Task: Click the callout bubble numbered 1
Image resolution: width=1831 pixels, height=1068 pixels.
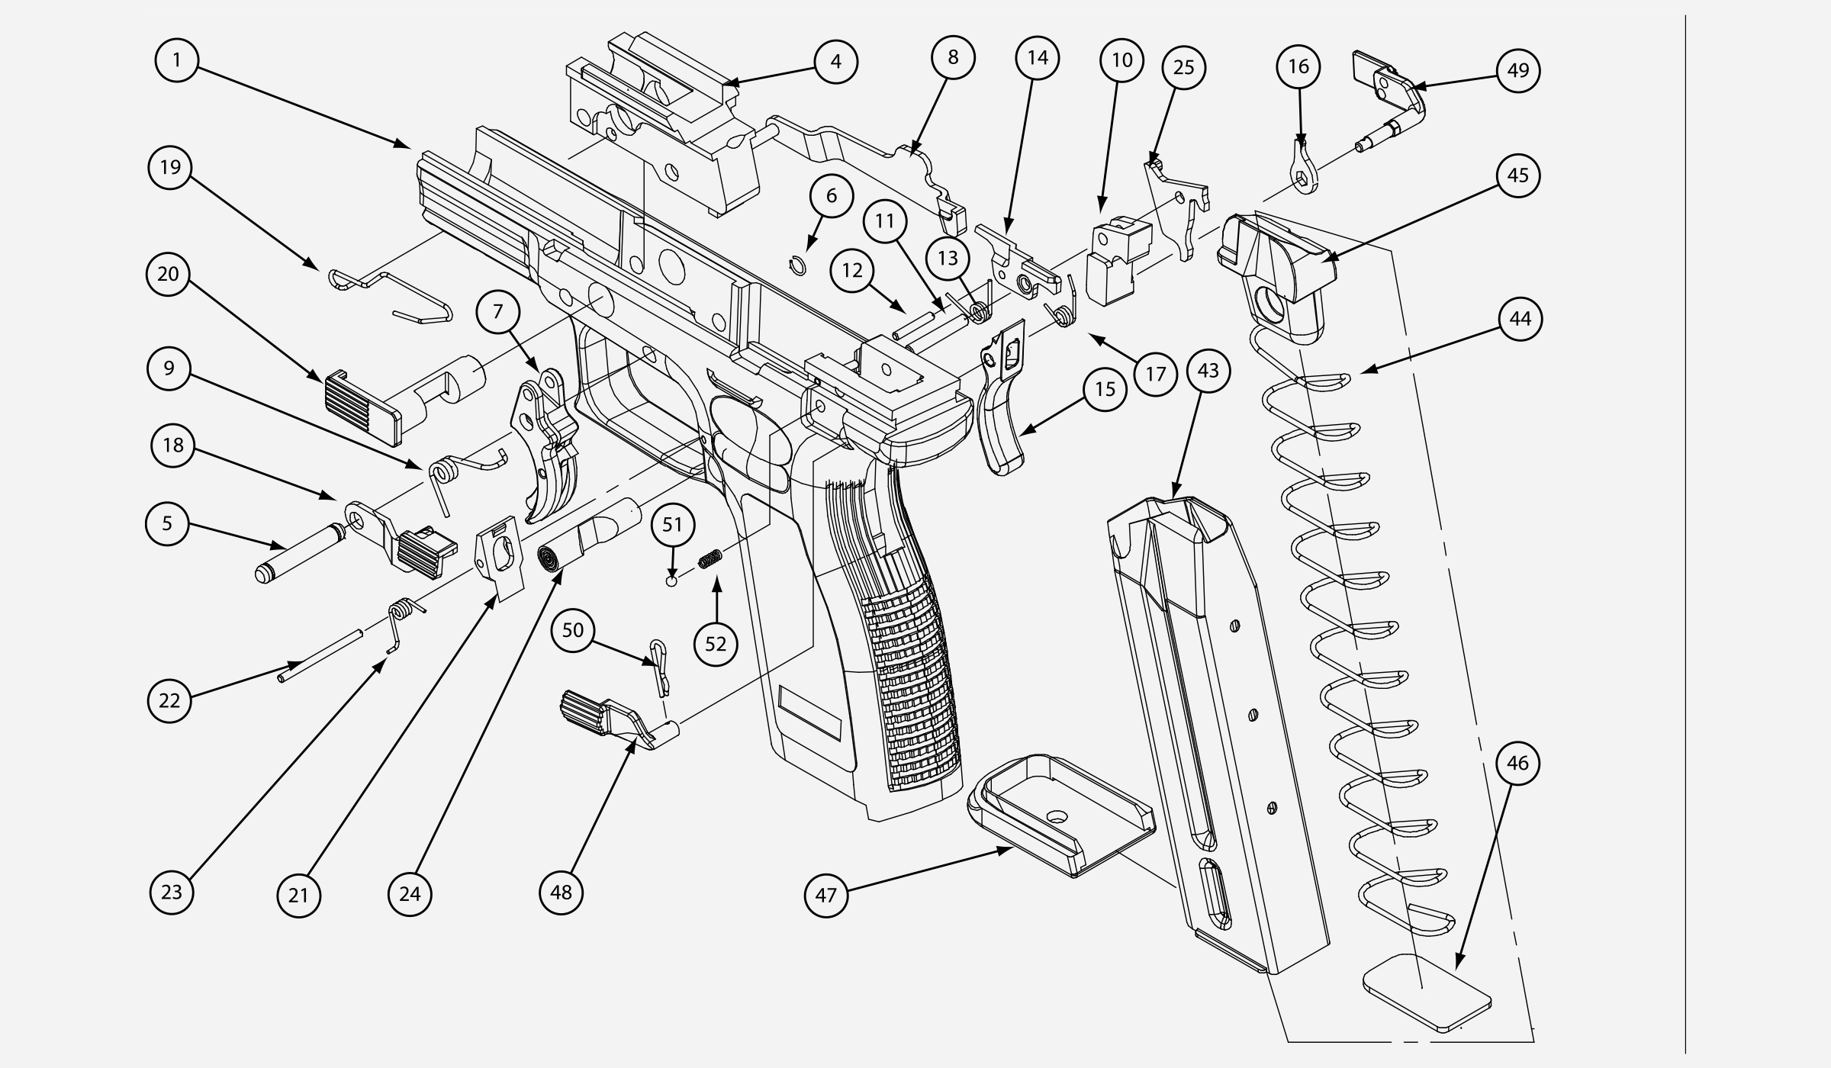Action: point(177,60)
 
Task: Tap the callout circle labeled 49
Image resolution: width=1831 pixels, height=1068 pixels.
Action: point(1517,71)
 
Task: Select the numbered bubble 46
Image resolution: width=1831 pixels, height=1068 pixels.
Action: point(1517,764)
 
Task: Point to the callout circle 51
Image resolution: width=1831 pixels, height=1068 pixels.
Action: point(672,525)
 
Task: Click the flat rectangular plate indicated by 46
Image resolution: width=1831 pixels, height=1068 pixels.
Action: point(1427,992)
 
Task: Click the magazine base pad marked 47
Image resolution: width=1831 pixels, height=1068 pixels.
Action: point(1060,816)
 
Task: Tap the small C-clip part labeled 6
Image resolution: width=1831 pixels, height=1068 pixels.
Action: point(796,264)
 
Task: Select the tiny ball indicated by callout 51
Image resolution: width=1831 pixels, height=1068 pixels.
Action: point(671,582)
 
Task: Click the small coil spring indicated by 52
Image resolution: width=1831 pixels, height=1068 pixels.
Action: point(710,561)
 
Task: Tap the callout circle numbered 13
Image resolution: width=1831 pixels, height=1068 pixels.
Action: point(948,258)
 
